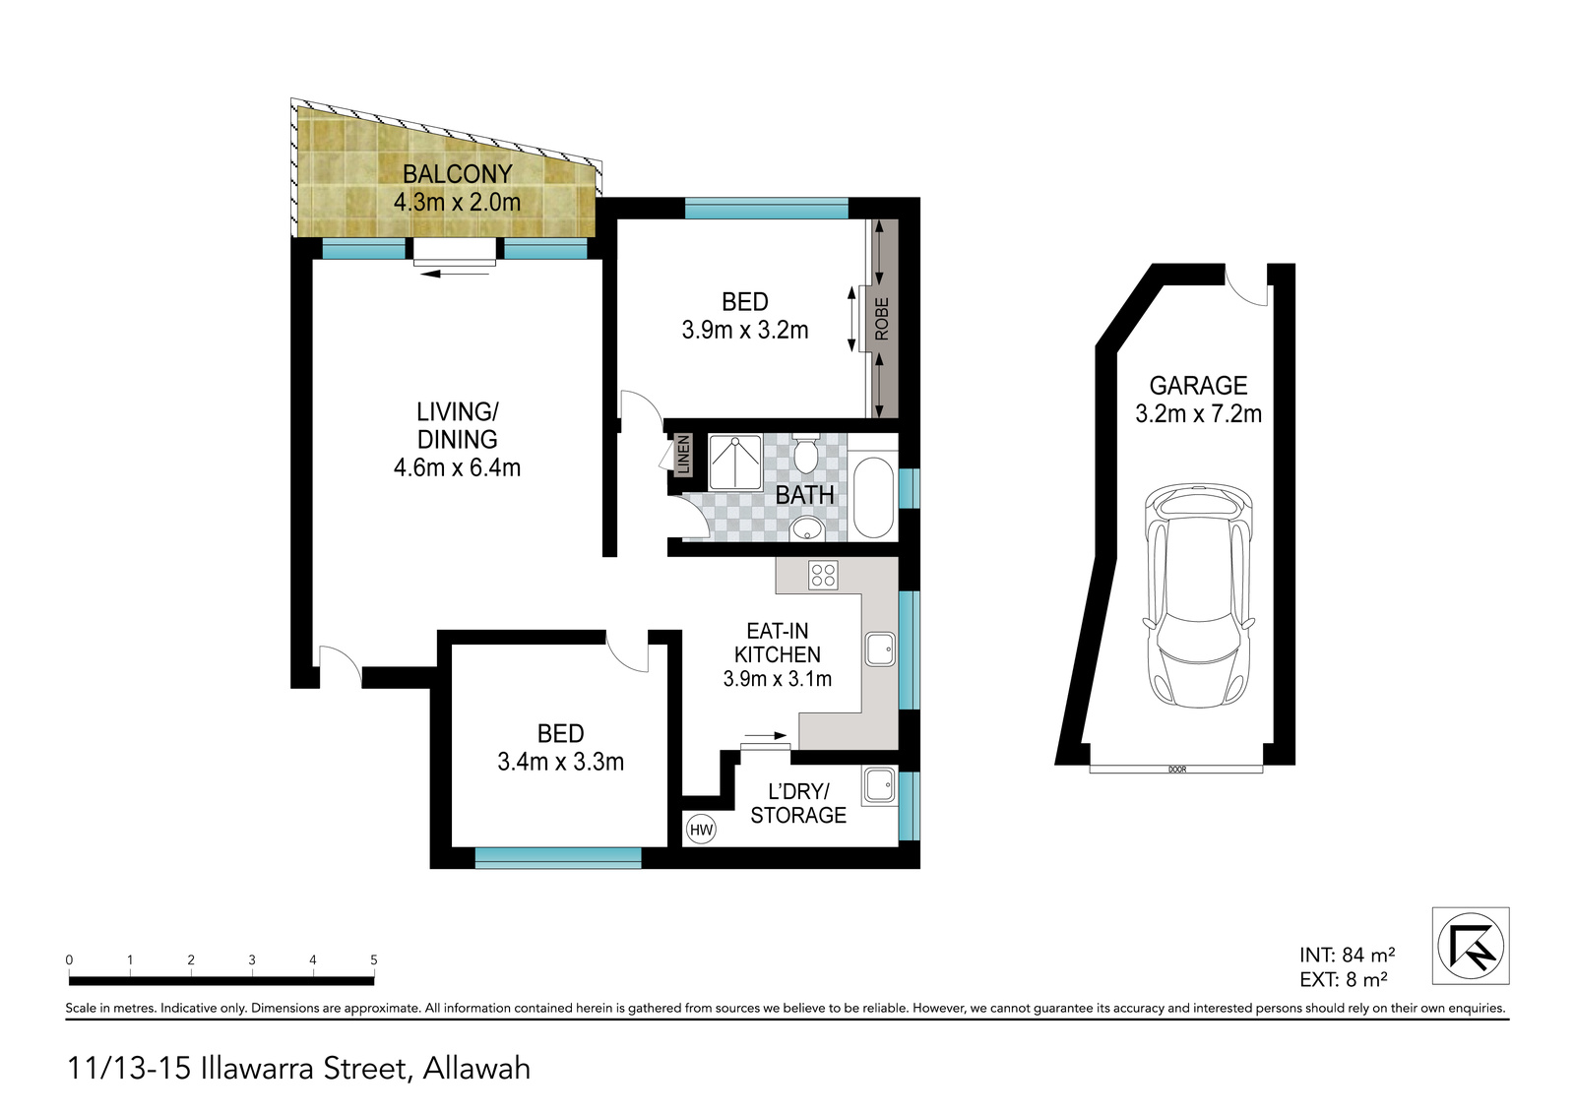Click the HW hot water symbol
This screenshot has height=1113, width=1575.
[701, 830]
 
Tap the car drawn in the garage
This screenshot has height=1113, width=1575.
[1199, 594]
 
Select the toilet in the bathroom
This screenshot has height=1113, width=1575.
[805, 455]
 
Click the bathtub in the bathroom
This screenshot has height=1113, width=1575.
[873, 498]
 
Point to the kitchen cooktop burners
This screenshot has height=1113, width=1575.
[823, 575]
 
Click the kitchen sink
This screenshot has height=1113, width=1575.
[880, 649]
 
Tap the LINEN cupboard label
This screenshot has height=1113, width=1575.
[683, 455]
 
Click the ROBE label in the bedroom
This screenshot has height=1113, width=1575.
[882, 319]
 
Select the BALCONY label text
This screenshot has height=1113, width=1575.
[457, 173]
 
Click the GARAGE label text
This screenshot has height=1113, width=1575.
[1198, 386]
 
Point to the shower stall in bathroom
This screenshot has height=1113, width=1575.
[734, 462]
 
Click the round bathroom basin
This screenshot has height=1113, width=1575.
[806, 527]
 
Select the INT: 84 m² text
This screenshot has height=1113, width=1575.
[1347, 955]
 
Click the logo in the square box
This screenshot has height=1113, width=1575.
[1471, 946]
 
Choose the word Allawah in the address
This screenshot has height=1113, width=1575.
[476, 1069]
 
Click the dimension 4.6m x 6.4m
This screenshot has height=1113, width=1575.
[457, 467]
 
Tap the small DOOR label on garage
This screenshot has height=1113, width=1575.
[1177, 770]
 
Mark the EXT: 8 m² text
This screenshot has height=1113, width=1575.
[1343, 979]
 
